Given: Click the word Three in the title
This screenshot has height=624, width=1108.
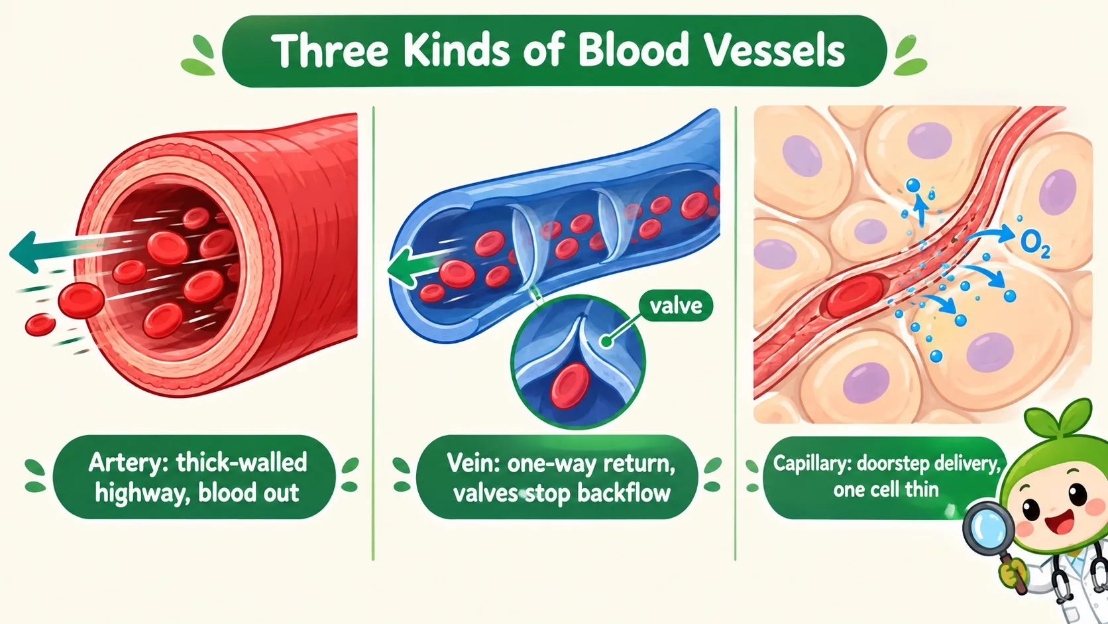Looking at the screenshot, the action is (329, 50).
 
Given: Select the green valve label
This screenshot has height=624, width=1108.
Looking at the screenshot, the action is (676, 306).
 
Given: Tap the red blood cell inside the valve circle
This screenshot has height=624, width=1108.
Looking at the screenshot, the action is (570, 385).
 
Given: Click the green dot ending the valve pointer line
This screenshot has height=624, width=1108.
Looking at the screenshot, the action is (606, 342).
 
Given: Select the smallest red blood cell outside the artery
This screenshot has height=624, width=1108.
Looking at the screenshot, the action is (40, 325).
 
